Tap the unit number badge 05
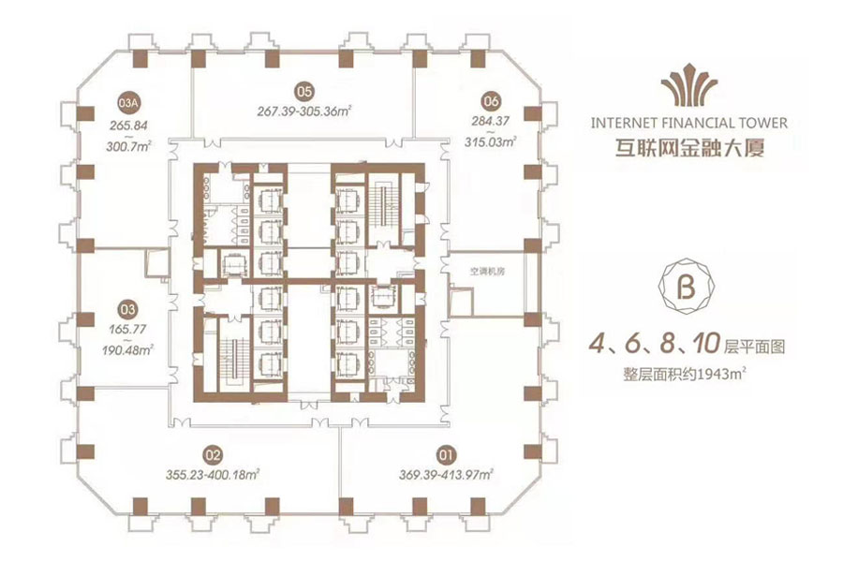[x=303, y=91]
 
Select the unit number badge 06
[x=489, y=100]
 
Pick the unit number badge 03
[x=128, y=305]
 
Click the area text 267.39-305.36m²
[x=303, y=111]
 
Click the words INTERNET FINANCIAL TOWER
[x=689, y=122]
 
